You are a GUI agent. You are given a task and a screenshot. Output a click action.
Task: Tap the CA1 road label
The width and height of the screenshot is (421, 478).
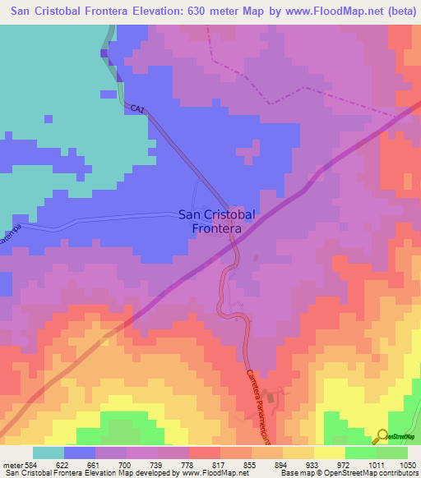[x=137, y=108]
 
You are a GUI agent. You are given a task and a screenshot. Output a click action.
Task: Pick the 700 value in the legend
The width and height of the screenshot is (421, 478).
[x=125, y=464]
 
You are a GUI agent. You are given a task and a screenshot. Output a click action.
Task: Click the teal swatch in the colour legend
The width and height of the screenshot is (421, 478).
[x=49, y=453]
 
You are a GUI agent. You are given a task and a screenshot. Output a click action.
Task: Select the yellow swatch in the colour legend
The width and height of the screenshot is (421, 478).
[x=330, y=453]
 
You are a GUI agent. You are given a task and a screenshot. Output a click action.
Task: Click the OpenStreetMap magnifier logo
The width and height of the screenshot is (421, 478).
[x=382, y=437]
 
